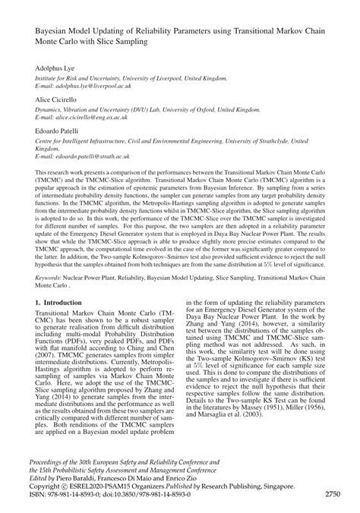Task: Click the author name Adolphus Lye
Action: [55, 68]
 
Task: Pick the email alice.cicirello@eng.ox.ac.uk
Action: [90, 118]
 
